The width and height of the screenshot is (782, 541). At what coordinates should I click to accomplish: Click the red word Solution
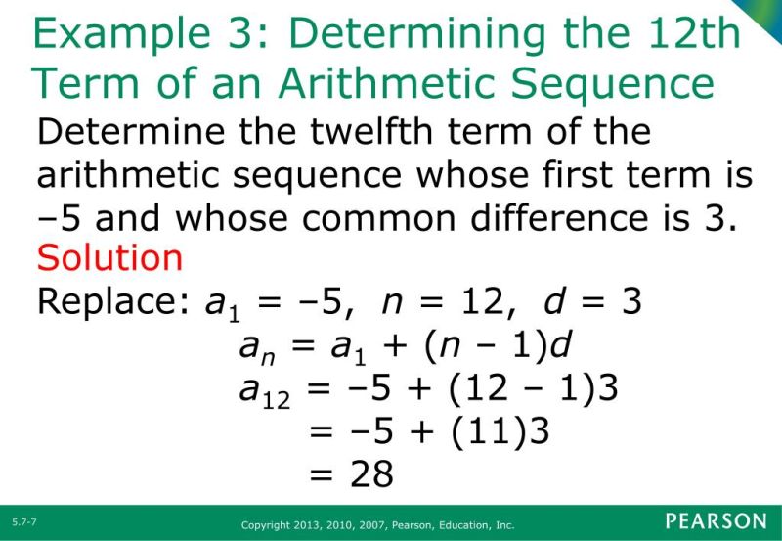pos(109,258)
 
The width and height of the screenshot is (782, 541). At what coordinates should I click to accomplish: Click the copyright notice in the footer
pos(377,525)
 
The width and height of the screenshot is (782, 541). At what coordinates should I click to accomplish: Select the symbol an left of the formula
pos(253,348)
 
